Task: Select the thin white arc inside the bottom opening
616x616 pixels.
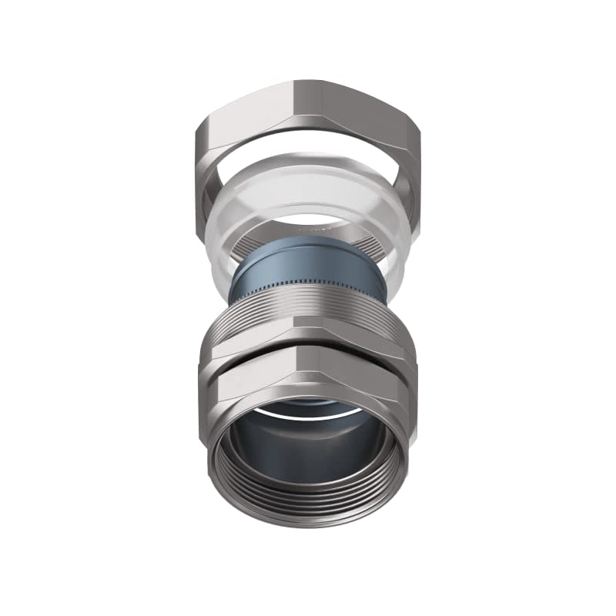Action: pyautogui.click(x=308, y=417)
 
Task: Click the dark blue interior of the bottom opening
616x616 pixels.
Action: pyautogui.click(x=308, y=454)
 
